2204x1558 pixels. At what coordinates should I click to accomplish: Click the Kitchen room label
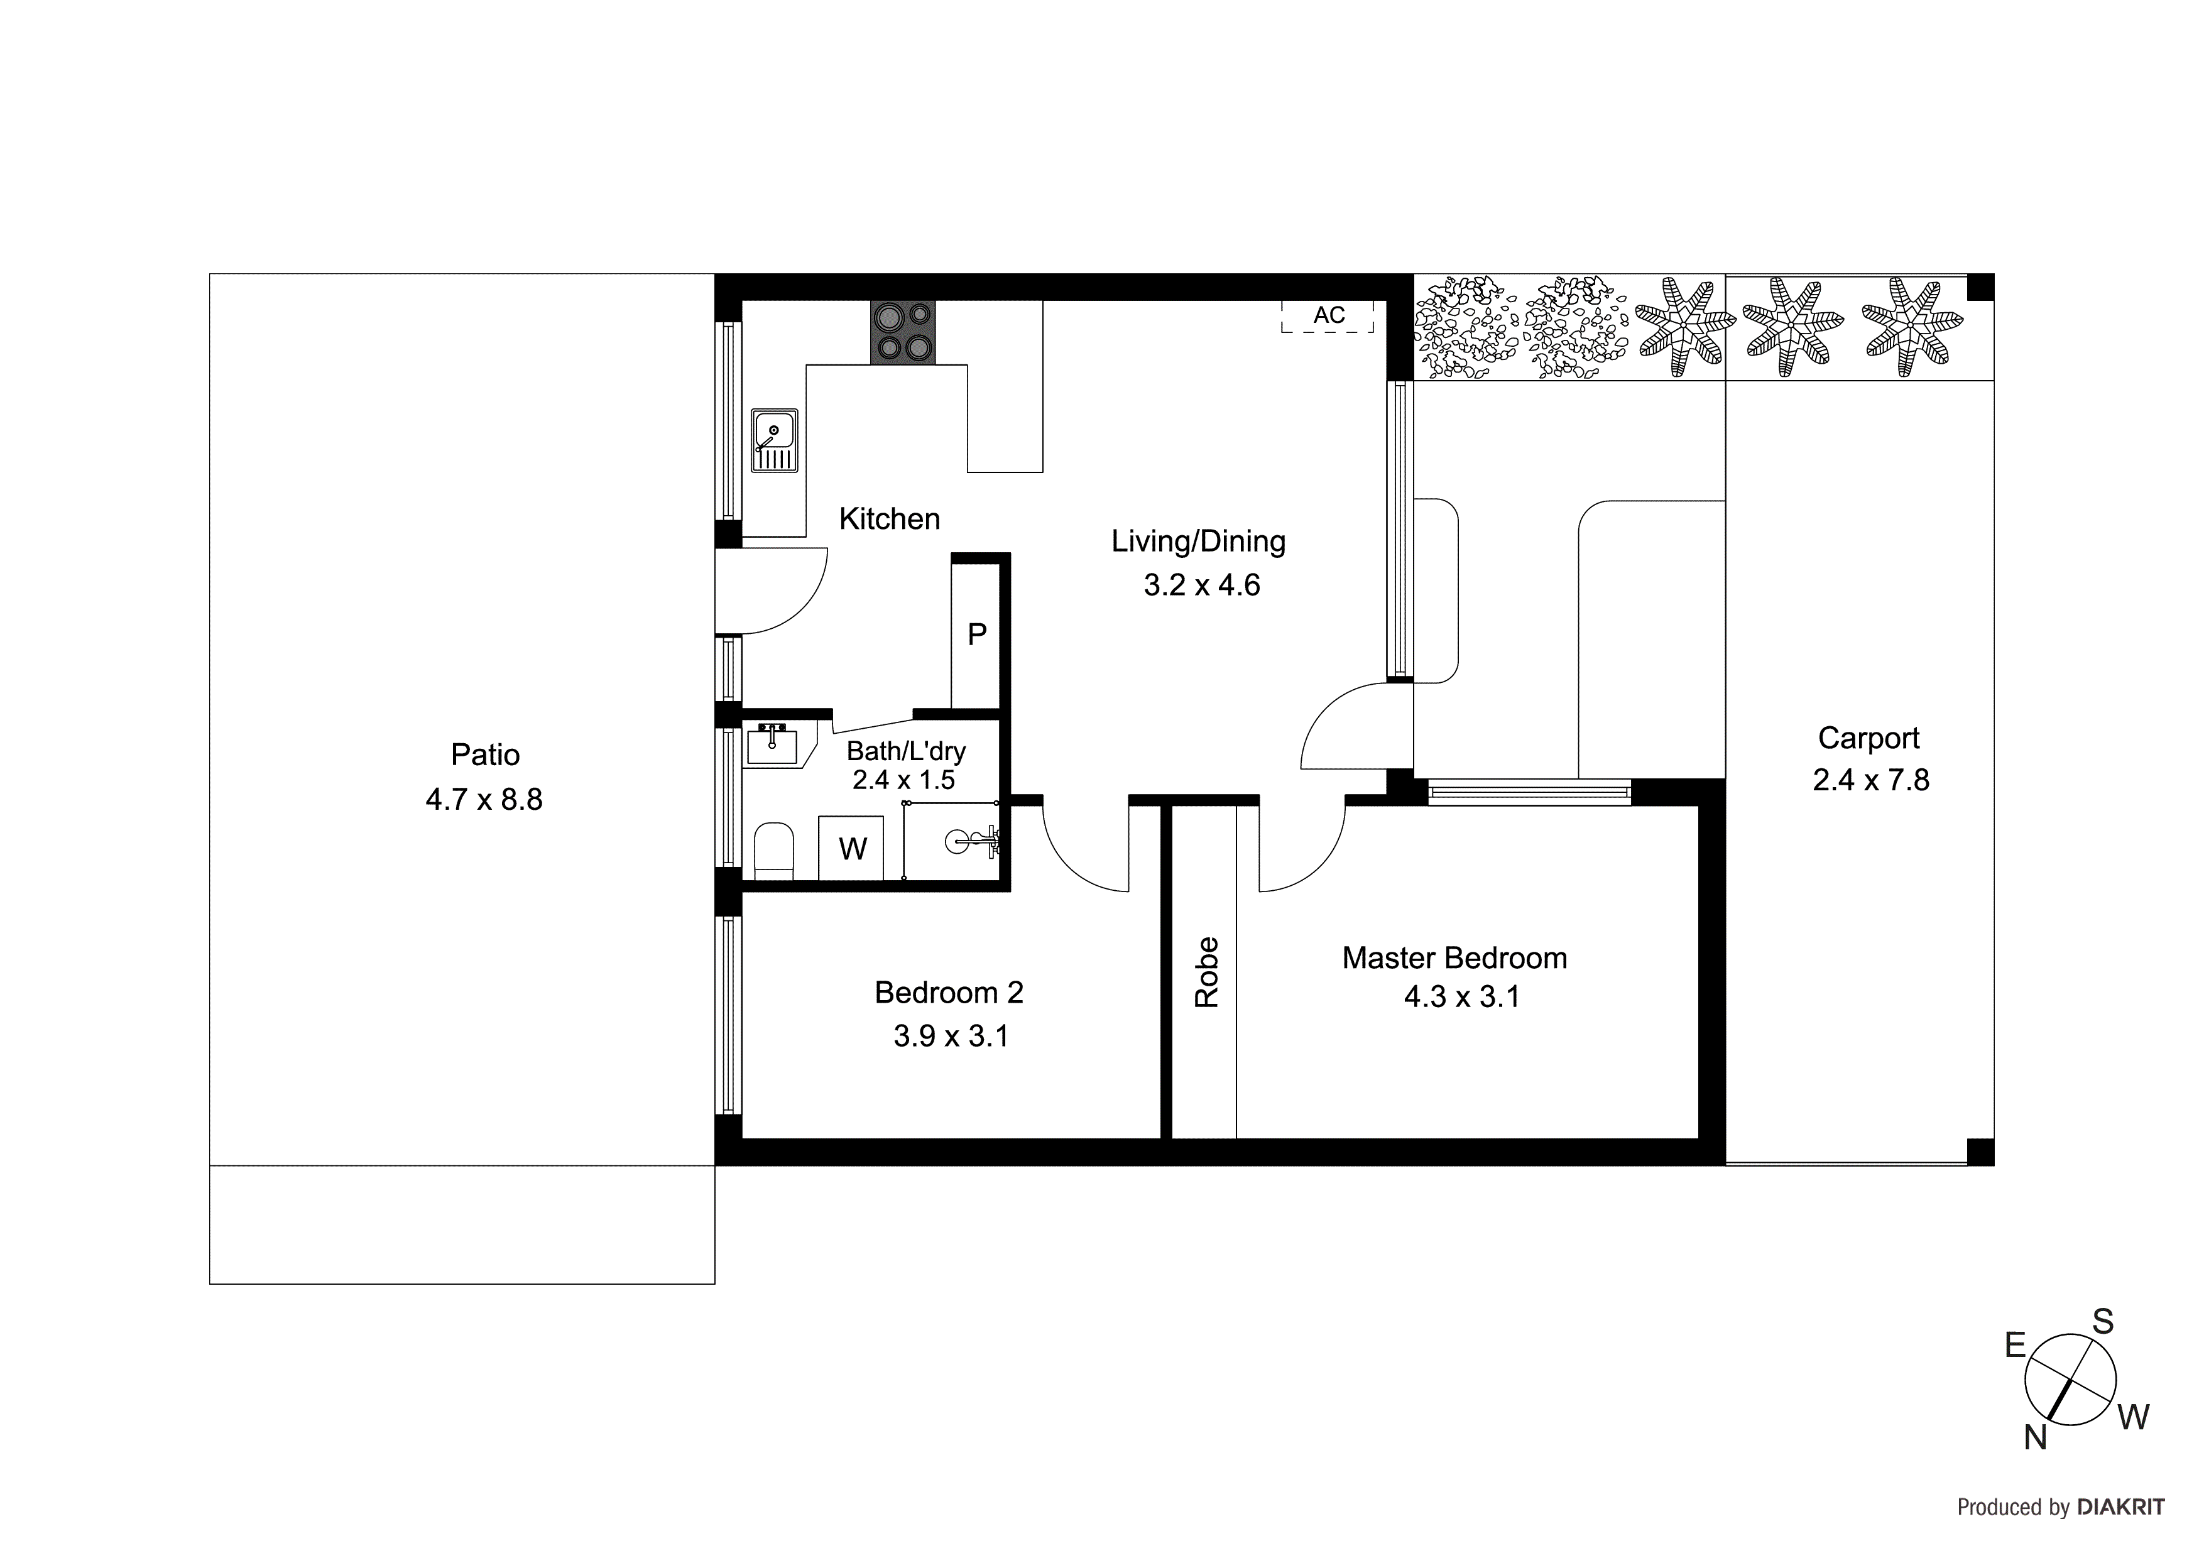coord(889,520)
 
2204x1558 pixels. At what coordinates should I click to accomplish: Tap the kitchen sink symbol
coord(773,440)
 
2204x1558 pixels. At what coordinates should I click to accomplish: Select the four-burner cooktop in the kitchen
coord(902,332)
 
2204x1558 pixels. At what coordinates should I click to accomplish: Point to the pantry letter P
coord(976,635)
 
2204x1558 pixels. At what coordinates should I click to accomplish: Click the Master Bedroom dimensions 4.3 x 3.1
coord(1462,998)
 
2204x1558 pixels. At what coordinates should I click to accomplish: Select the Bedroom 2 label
coord(949,993)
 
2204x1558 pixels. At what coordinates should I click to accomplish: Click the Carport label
coord(1868,738)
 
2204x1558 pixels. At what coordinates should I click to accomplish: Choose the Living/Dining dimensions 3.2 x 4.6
coord(1201,585)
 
